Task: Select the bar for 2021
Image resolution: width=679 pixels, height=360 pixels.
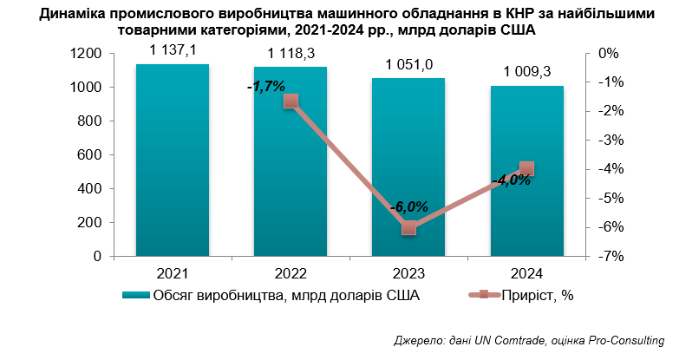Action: click(172, 160)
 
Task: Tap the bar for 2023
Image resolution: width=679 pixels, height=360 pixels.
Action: click(408, 167)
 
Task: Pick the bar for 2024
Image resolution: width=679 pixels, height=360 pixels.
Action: click(527, 171)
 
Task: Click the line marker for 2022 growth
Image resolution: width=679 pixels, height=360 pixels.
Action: click(291, 101)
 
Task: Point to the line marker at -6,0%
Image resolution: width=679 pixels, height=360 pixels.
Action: click(408, 227)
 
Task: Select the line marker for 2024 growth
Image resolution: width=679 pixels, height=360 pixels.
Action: click(527, 169)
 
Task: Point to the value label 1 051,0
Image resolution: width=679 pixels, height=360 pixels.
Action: click(408, 67)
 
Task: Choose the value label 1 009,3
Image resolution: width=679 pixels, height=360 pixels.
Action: click(527, 74)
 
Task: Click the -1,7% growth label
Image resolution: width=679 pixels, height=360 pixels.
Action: click(265, 87)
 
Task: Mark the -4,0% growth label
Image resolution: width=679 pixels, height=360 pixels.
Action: click(511, 180)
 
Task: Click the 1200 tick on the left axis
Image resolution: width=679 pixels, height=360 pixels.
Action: click(89, 54)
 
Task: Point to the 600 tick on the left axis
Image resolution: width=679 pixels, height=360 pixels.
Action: click(93, 155)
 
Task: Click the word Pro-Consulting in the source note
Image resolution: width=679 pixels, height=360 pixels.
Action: click(626, 340)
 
